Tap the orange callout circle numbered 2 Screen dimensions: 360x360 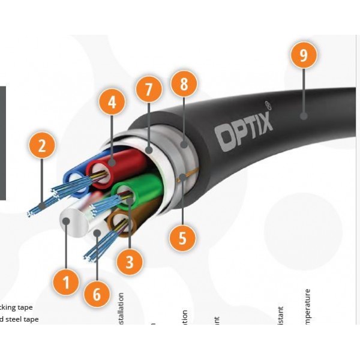41,146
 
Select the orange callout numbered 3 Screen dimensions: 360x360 130,261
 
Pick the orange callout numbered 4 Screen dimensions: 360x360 112,103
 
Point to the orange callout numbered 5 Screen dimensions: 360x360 182,238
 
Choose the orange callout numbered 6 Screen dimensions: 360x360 97,294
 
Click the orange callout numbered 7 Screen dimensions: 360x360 149,90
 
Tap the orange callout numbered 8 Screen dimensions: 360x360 184,84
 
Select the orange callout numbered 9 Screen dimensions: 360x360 304,55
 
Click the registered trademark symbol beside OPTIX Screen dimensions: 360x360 268,104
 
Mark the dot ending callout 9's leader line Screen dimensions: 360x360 304,115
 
